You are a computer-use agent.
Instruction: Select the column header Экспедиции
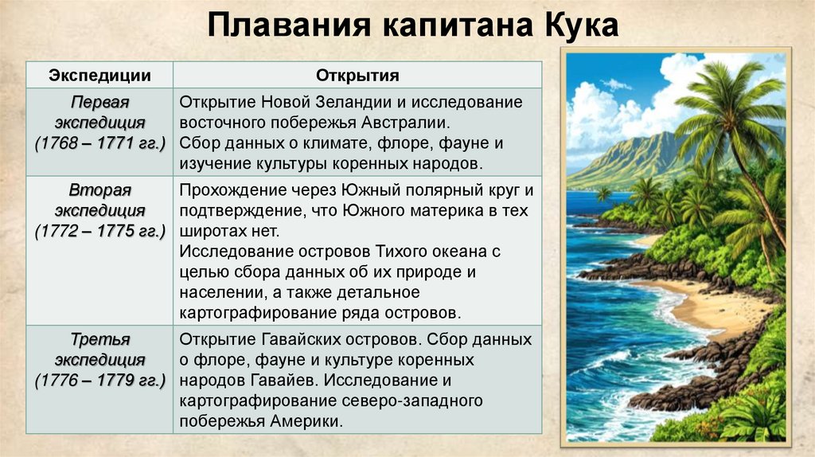click(100, 76)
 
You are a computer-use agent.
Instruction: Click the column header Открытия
click(357, 76)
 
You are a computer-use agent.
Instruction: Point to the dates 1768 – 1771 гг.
click(100, 143)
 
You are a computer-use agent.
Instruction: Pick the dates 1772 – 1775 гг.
click(100, 231)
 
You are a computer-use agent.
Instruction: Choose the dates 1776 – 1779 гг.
click(100, 379)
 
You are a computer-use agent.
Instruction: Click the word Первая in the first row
click(100, 104)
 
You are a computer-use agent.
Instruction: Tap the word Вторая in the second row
click(100, 191)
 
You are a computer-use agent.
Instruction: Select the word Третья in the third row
click(100, 339)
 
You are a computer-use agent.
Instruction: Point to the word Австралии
click(403, 123)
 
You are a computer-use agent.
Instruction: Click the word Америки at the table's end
click(307, 421)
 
